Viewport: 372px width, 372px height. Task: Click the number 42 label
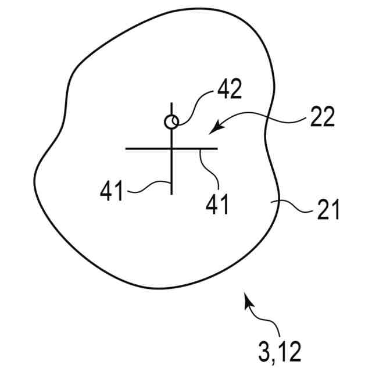coord(230,91)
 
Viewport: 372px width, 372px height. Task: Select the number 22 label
coord(320,118)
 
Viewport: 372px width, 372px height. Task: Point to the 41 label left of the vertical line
coord(112,191)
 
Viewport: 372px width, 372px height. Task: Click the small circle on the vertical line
coord(171,122)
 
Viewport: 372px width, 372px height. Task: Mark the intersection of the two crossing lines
coord(171,149)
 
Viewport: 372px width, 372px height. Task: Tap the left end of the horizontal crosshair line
coord(127,149)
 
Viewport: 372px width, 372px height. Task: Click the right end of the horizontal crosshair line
coord(217,149)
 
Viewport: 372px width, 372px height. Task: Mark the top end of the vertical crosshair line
coord(171,103)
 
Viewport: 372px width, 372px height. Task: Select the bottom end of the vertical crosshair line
coord(171,194)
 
